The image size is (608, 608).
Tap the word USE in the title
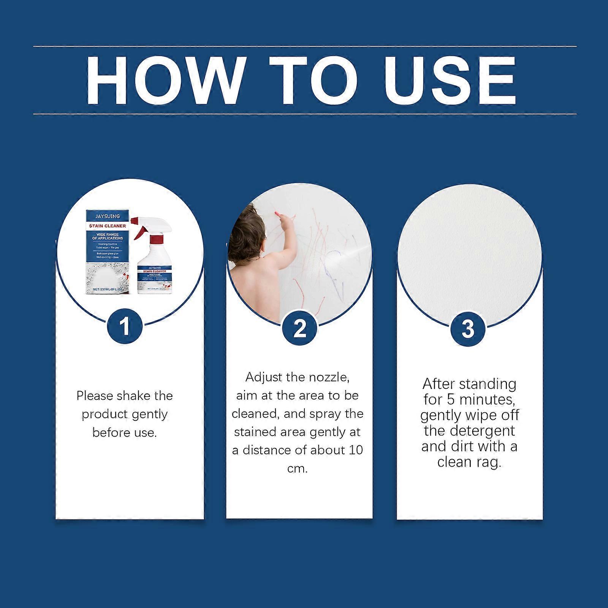(x=450, y=81)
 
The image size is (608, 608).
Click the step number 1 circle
(x=125, y=326)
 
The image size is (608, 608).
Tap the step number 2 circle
(x=299, y=328)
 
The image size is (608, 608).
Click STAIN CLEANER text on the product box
(x=108, y=226)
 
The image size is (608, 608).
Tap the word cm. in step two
(x=298, y=468)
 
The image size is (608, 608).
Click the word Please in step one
(x=95, y=396)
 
